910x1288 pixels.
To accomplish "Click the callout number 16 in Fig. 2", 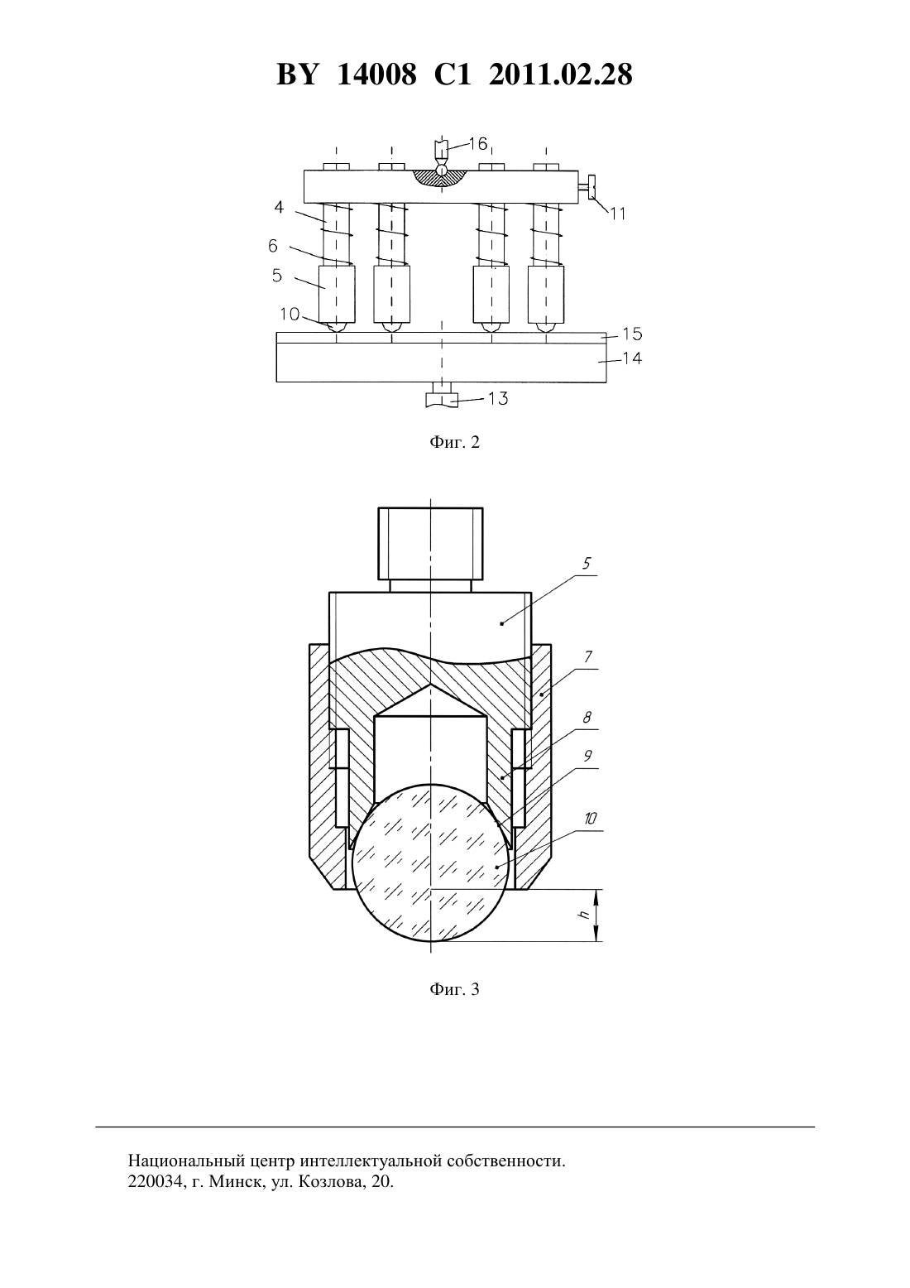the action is tap(478, 144).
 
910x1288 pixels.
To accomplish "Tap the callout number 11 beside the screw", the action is tap(618, 214).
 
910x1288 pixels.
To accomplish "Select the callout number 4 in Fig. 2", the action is tap(280, 207).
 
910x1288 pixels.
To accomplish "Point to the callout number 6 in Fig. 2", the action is tap(273, 246).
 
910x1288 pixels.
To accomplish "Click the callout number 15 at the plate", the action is tap(632, 334).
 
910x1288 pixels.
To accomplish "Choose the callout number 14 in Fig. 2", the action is tap(632, 358).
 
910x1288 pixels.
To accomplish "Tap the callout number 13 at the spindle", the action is tap(498, 398).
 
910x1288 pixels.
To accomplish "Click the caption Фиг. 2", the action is tap(454, 442).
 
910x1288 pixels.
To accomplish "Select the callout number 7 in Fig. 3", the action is tap(587, 656).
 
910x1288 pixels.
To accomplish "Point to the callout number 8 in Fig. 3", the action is tap(587, 717).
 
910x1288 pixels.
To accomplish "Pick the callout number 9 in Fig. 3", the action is tap(587, 756).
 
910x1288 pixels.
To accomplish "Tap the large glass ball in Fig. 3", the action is tap(430, 863).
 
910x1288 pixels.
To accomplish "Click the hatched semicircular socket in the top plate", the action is tap(441, 178).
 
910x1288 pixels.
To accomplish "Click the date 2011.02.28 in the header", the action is tap(561, 74).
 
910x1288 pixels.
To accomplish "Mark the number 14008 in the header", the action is tap(376, 74).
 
